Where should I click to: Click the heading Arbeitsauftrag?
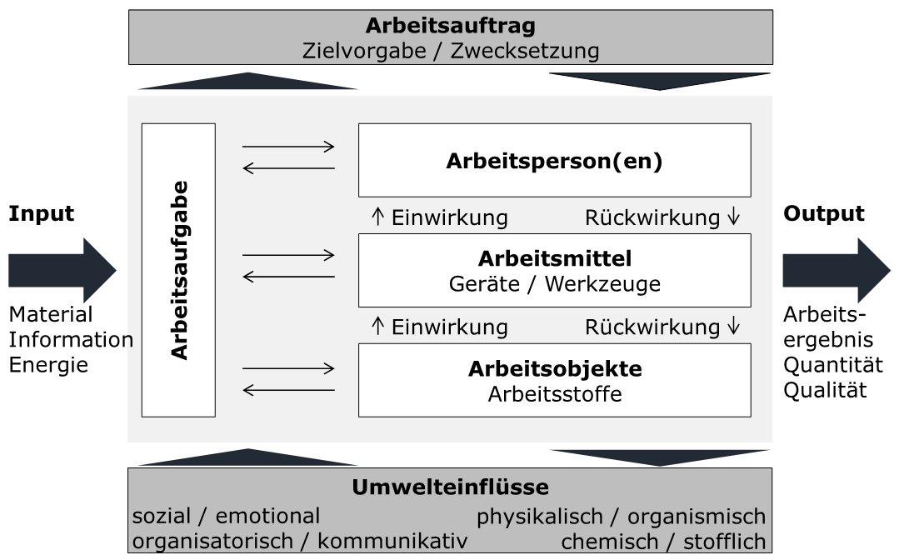click(x=450, y=25)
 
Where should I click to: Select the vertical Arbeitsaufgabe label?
click(x=179, y=270)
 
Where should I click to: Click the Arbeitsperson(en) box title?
click(x=554, y=161)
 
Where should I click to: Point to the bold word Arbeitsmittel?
click(x=554, y=257)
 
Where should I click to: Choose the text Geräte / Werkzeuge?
click(x=554, y=283)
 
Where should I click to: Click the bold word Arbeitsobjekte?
click(x=554, y=368)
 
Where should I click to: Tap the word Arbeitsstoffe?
click(x=554, y=393)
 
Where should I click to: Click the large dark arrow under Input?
click(x=61, y=270)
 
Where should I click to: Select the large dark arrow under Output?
click(x=835, y=270)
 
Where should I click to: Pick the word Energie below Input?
click(x=48, y=365)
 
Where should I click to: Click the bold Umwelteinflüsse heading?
click(x=450, y=487)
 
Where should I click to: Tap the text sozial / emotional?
click(x=226, y=516)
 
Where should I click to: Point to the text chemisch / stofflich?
click(x=663, y=541)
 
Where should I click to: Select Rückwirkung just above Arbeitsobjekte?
click(x=652, y=327)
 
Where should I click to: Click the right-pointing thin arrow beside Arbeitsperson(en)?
click(x=288, y=147)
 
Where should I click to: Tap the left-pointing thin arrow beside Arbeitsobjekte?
click(x=288, y=390)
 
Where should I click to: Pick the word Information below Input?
click(x=71, y=340)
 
